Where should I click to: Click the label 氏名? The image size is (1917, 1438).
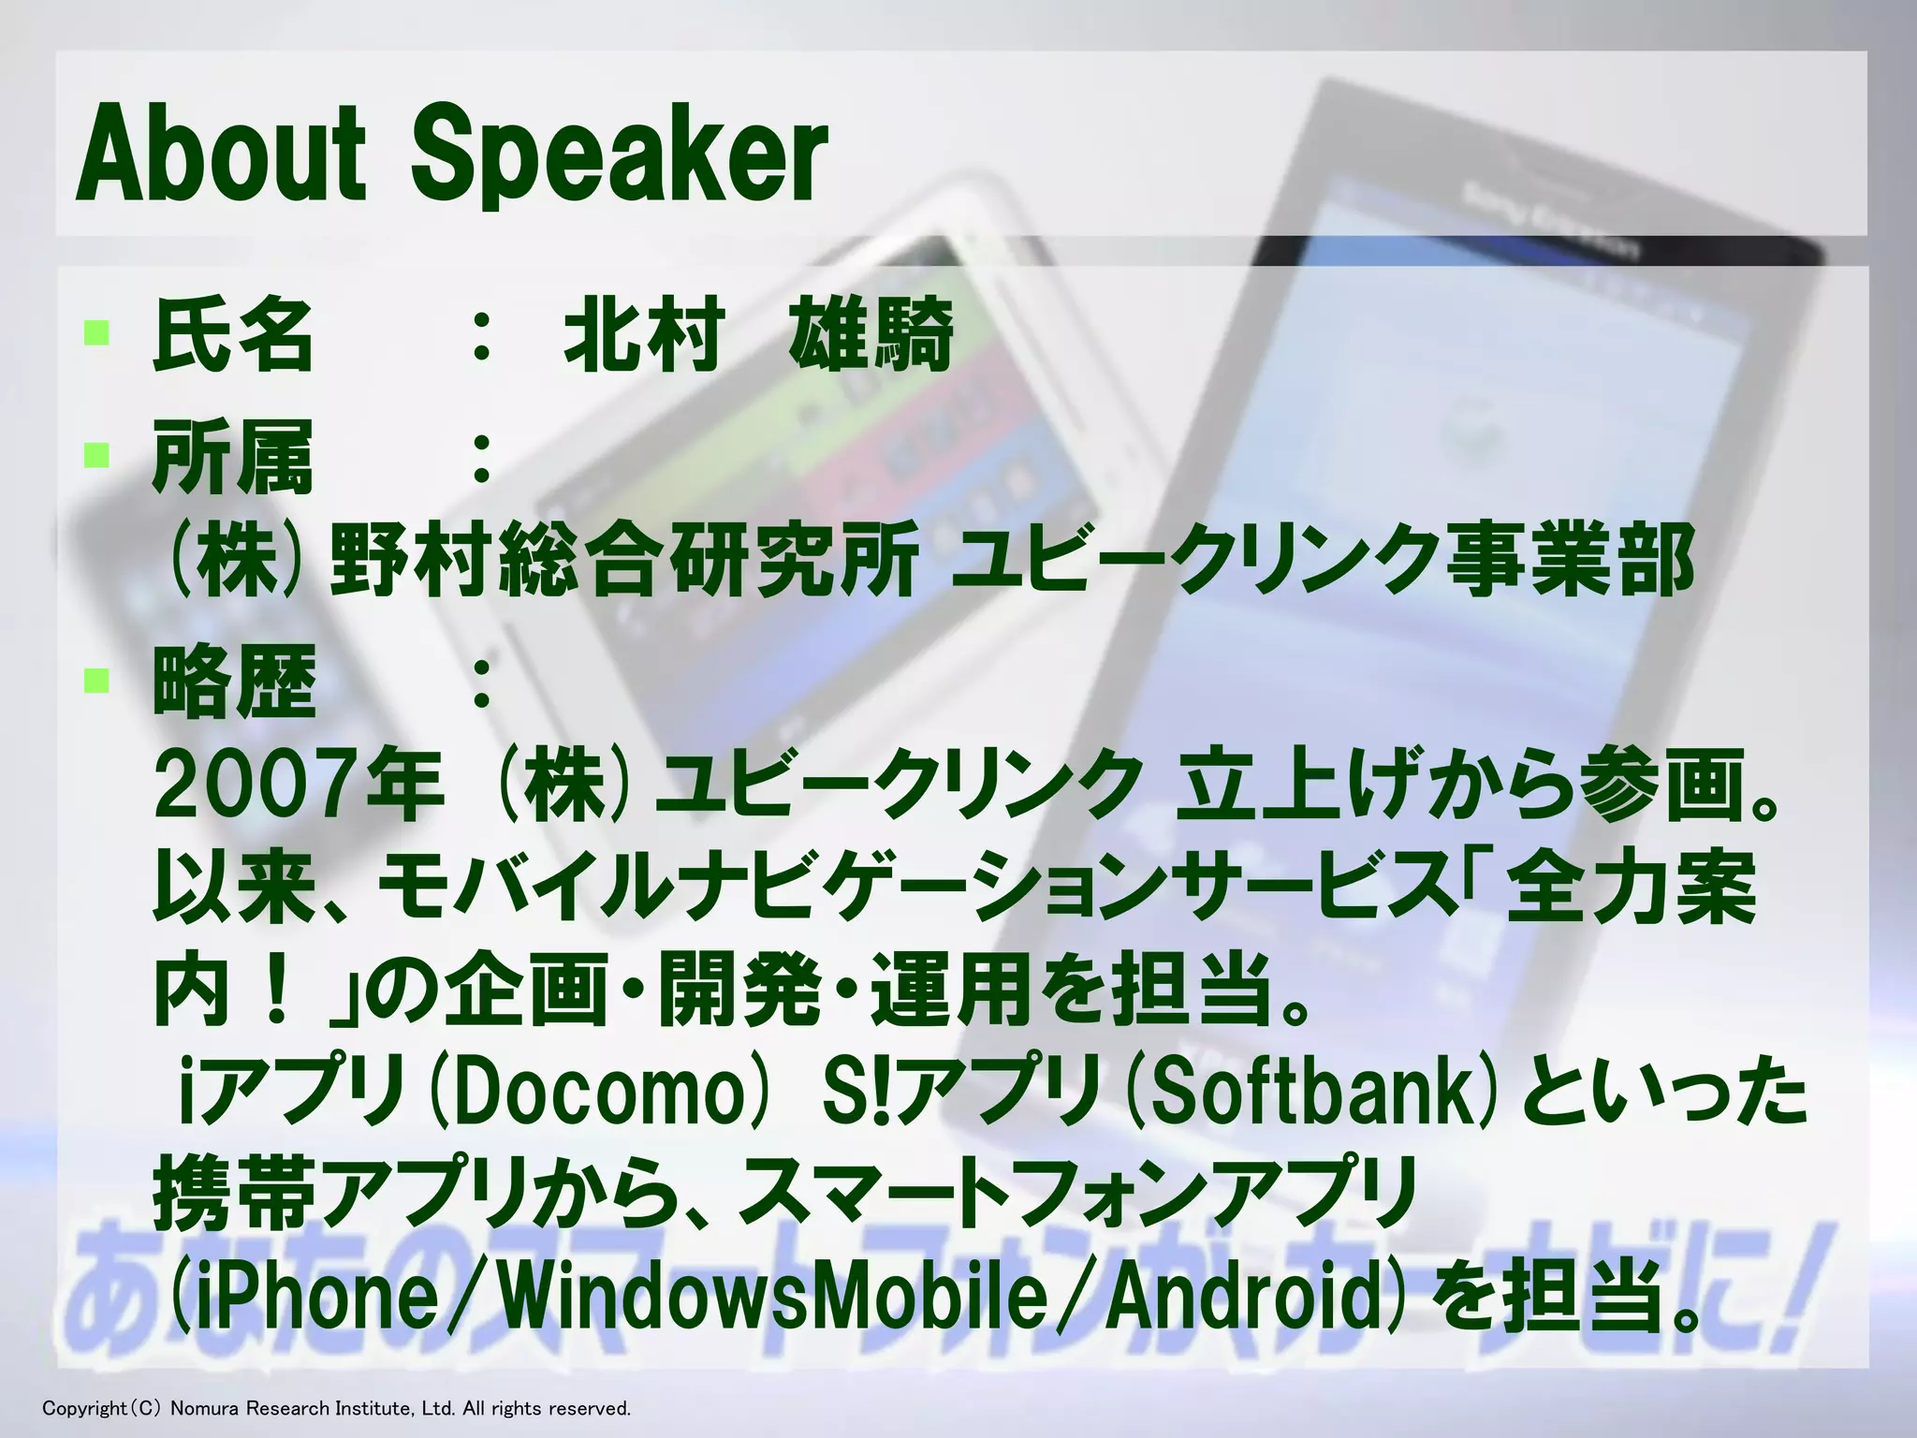tap(233, 334)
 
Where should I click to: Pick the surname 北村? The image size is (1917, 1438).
tap(644, 334)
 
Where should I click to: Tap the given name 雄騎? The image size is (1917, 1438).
tap(871, 334)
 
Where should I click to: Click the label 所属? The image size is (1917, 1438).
tap(233, 457)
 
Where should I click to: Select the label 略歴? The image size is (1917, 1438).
tap(233, 681)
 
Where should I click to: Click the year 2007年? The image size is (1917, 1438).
tap(299, 785)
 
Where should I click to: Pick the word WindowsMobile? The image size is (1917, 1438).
tap(771, 1297)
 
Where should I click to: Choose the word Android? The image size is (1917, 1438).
tap(1244, 1297)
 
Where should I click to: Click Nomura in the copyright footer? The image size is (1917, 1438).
tap(203, 1408)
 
